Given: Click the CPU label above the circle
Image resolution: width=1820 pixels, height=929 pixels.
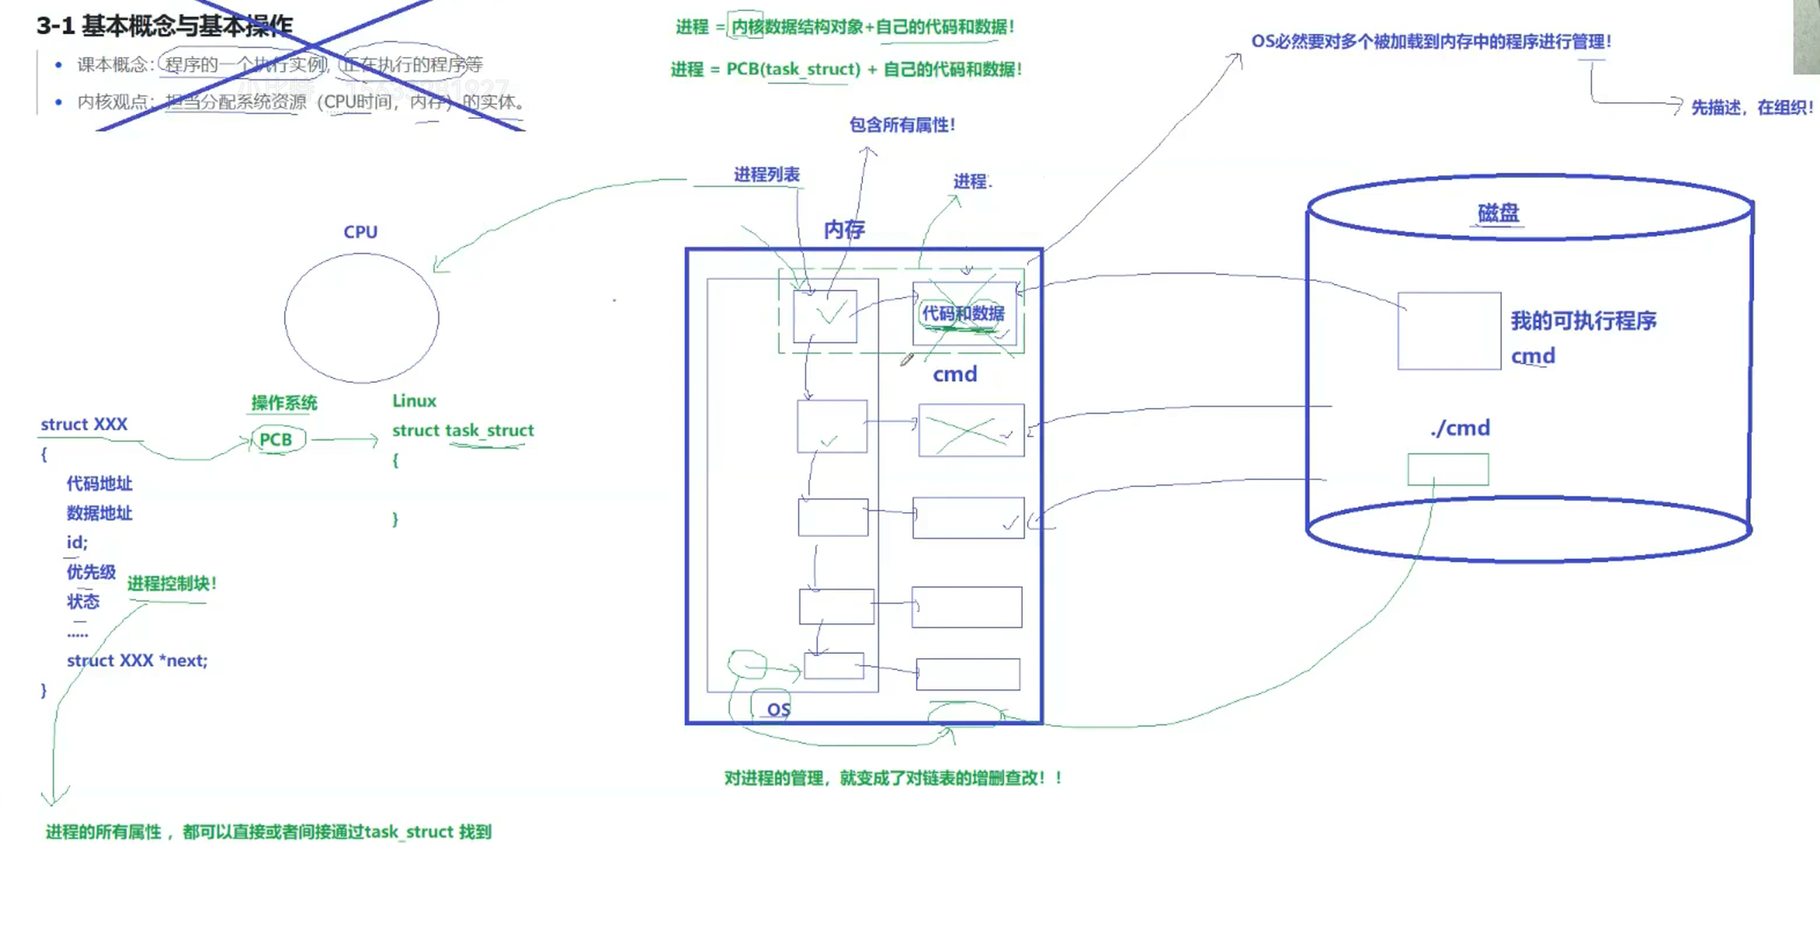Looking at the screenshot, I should pos(360,232).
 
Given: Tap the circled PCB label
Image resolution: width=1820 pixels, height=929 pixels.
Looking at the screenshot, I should pos(276,440).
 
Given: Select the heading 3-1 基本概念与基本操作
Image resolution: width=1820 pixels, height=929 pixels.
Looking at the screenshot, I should pos(165,26).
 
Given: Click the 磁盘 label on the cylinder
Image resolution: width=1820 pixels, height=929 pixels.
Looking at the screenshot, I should pos(1498,212).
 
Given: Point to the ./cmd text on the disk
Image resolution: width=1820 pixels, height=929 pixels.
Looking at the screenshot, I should pos(1460,428).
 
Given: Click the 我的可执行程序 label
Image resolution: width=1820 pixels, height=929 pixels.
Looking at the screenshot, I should pos(1583,321).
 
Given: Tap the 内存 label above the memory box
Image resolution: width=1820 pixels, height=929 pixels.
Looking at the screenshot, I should pos(844,229).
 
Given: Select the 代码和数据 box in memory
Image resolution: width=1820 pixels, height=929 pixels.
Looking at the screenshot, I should pos(963,313).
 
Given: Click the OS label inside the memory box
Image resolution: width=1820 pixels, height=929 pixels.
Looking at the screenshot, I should pos(778,709).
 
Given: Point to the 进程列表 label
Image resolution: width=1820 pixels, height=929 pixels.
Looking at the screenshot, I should pos(767,174).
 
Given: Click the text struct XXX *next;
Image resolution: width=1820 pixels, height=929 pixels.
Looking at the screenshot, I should pos(137,660).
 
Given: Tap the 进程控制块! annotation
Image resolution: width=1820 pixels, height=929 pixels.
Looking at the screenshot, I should pos(172,583).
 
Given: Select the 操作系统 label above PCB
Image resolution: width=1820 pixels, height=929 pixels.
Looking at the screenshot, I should pos(284,403).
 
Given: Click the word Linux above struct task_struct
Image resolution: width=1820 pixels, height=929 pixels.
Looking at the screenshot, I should pos(414,401).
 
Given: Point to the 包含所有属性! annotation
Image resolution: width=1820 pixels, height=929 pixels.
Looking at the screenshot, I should pos(901,125).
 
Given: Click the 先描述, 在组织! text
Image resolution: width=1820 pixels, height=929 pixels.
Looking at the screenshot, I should pos(1751,108).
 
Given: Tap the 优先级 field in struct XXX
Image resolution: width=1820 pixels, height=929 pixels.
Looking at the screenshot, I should pos(91,572).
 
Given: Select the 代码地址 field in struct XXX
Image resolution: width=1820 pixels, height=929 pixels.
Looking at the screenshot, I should pos(99,484).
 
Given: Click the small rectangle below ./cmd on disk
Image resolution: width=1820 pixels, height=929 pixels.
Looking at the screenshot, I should pos(1448,470).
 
